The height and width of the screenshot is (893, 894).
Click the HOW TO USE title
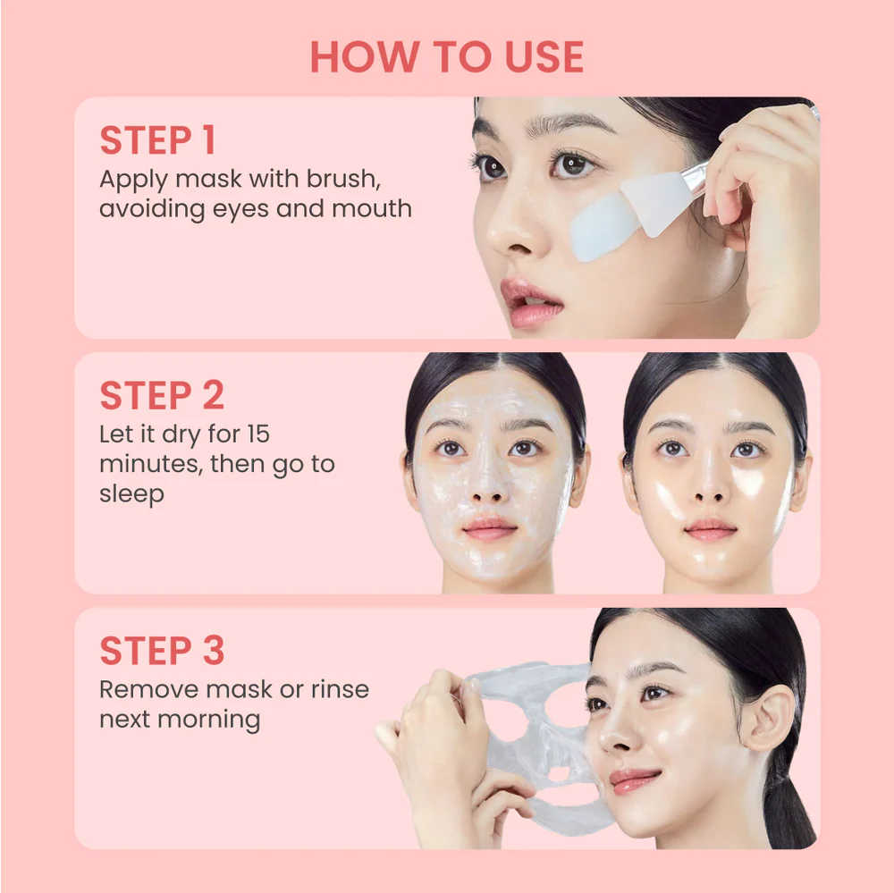[446, 56]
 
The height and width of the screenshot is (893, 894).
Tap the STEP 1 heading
[157, 141]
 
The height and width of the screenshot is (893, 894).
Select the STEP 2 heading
[162, 396]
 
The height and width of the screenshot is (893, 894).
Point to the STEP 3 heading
[162, 651]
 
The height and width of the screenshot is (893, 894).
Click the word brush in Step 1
[343, 179]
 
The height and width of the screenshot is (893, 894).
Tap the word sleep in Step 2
[131, 494]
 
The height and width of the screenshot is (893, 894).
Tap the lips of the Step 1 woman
[532, 302]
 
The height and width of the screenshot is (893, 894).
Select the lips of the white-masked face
[490, 528]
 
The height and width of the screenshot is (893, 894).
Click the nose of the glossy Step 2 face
[712, 487]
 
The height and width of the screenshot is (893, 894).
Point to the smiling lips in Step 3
[634, 779]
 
